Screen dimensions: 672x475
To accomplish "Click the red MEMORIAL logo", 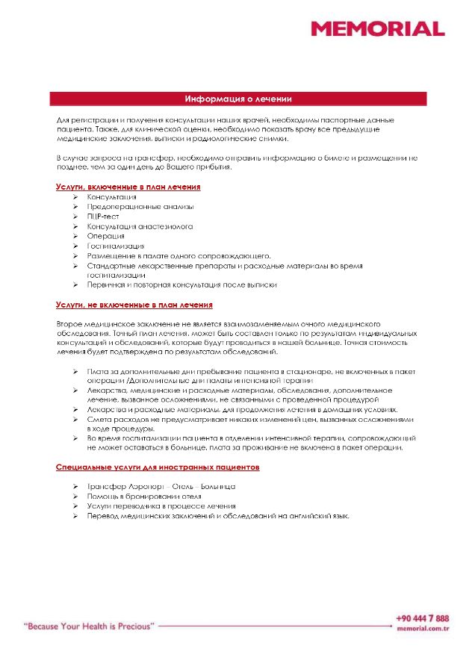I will click(x=378, y=29).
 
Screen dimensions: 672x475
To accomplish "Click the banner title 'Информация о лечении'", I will click(x=238, y=99).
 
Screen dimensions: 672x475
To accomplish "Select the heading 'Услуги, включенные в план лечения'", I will click(x=128, y=186).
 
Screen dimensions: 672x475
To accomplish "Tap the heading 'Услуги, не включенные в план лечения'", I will click(x=134, y=305).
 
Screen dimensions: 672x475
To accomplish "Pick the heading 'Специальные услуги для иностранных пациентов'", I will click(x=158, y=467).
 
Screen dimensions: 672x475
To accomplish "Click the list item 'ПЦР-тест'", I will click(x=103, y=217).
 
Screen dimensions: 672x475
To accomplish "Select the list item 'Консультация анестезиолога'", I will click(x=140, y=226).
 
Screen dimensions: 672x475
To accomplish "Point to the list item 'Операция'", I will click(x=105, y=236).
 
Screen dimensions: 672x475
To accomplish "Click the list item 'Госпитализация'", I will click(x=116, y=246).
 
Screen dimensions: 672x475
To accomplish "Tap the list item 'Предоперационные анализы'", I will click(x=140, y=207).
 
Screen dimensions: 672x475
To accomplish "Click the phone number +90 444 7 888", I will click(x=423, y=619).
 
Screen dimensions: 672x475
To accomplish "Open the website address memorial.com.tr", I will click(x=423, y=629).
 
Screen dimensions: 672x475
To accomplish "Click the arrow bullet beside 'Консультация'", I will click(x=76, y=197).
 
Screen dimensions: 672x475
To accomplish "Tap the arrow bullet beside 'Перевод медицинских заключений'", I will click(x=76, y=516).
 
